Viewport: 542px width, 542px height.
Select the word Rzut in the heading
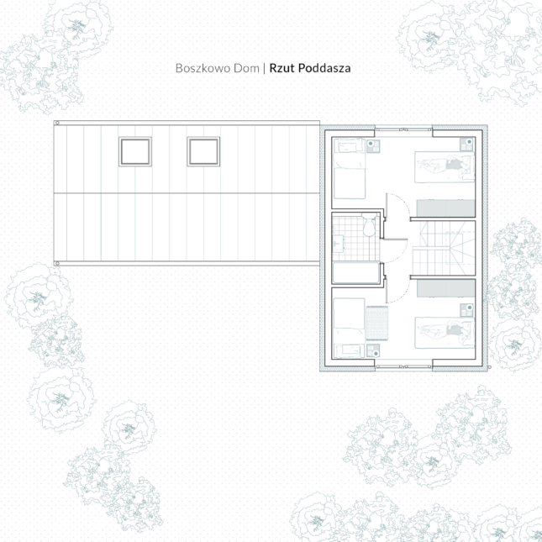point(282,68)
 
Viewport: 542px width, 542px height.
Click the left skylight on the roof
point(135,151)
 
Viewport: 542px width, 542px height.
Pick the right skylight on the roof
point(203,151)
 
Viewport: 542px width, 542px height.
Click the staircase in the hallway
point(446,248)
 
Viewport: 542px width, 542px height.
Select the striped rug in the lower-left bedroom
point(377,320)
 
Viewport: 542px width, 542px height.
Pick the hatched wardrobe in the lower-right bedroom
point(445,287)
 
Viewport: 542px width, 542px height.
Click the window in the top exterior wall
point(403,129)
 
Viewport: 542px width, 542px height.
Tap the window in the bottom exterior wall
point(403,368)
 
